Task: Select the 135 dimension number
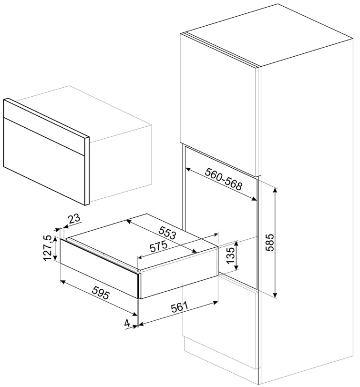[x=230, y=255]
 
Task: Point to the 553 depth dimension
[x=167, y=233]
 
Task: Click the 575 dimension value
[x=159, y=246]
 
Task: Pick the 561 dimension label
[x=179, y=307]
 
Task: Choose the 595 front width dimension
[x=101, y=292]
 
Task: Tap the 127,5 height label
[x=47, y=248]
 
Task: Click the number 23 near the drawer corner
[x=74, y=218]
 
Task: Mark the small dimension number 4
[x=127, y=323]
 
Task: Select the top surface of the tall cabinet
[x=269, y=34]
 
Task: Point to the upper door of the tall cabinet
[x=219, y=104]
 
